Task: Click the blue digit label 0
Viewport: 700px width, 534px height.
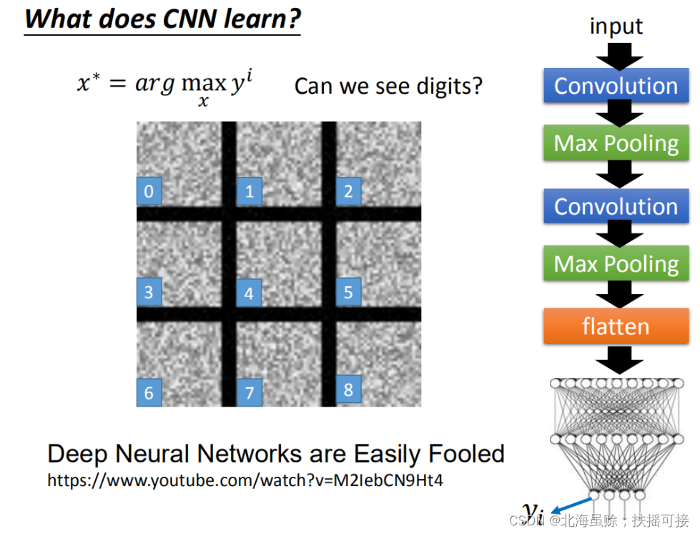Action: tap(149, 191)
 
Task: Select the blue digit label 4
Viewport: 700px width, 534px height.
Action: tap(249, 293)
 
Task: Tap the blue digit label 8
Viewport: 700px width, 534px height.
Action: tap(348, 389)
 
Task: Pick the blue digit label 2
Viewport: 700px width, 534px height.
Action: tap(348, 191)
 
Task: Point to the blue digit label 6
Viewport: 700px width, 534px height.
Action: tap(149, 392)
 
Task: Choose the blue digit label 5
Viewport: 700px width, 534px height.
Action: tap(348, 292)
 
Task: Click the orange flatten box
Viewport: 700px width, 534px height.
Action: tap(616, 326)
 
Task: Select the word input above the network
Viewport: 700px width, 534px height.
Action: tap(616, 26)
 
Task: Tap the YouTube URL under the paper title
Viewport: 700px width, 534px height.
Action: tap(245, 480)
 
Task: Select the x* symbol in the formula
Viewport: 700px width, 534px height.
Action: tap(88, 84)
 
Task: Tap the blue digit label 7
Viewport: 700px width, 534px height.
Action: tap(249, 392)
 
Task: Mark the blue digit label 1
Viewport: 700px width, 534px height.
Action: tap(249, 191)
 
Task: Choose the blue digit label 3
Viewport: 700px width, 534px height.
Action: tap(149, 292)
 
